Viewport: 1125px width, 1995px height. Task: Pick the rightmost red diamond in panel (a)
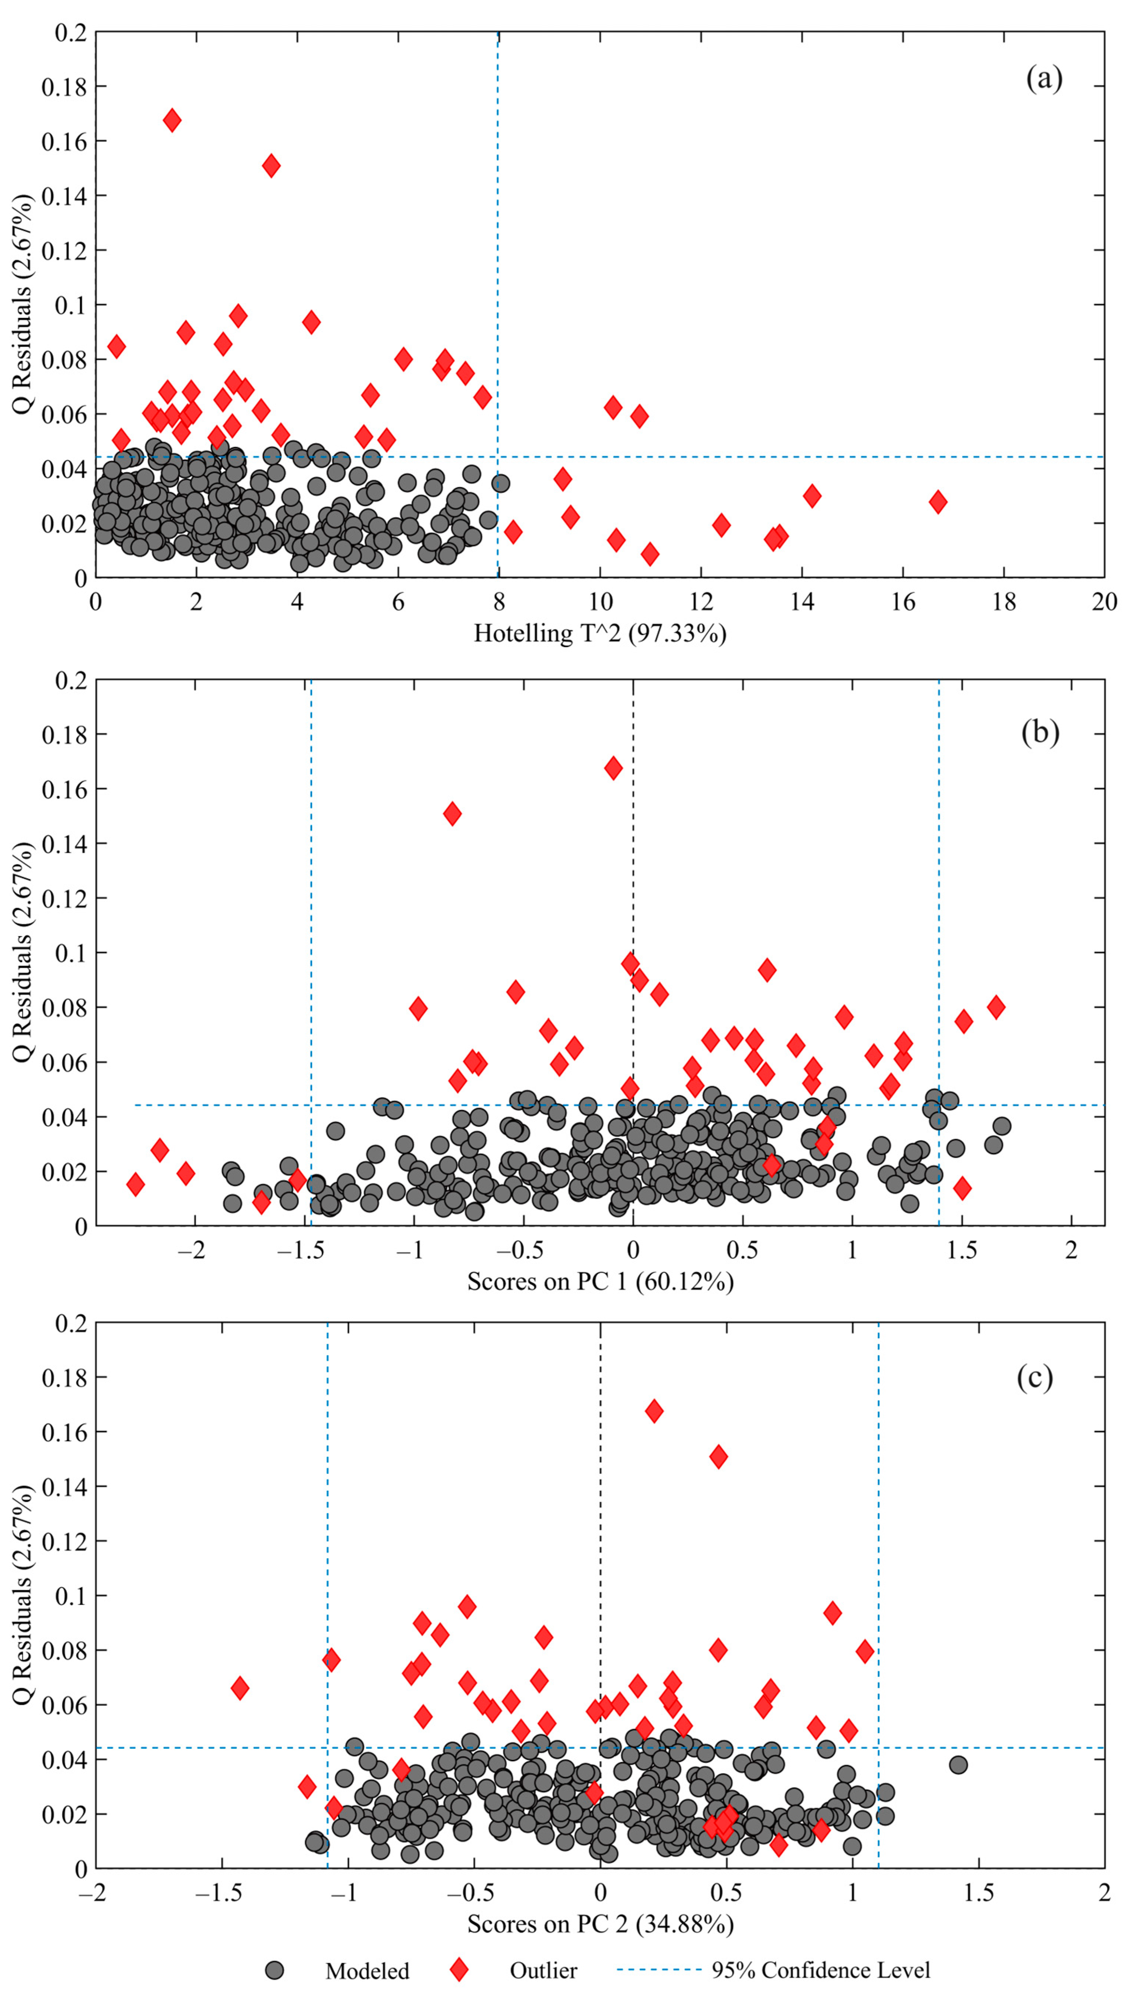[938, 502]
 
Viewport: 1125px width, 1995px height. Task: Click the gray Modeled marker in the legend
[274, 1969]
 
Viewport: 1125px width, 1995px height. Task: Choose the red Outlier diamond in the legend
[459, 1969]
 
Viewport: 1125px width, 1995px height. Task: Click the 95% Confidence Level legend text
[821, 1969]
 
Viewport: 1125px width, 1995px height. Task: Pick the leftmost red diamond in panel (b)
[136, 1184]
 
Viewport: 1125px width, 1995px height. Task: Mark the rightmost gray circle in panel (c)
[958, 1765]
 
